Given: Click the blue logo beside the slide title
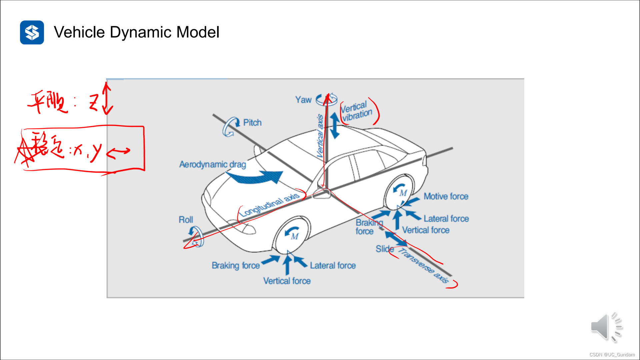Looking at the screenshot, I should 32,32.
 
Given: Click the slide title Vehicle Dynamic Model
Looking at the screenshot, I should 136,32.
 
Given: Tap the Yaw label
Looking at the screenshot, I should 303,100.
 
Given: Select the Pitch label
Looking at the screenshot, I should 252,123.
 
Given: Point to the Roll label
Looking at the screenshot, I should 186,220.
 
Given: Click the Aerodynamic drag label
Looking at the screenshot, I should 213,164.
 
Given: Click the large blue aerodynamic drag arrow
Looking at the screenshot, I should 257,177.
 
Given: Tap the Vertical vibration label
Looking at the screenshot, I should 356,111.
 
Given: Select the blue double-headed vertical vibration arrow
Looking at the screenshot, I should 335,125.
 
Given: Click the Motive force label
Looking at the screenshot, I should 446,197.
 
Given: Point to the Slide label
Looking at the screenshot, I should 385,249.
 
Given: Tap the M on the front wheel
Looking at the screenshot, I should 294,237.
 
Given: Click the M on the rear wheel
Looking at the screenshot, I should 403,193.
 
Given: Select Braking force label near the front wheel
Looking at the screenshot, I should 236,266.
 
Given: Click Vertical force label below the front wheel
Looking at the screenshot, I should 287,281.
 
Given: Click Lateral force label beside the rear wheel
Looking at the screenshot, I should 446,219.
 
